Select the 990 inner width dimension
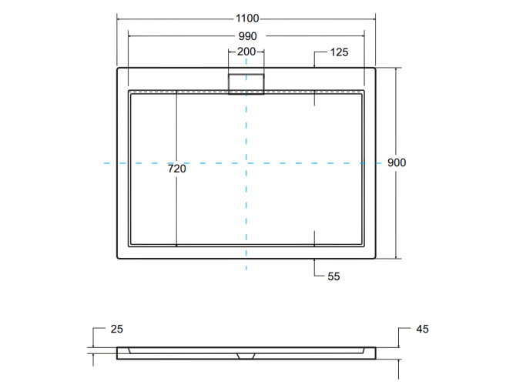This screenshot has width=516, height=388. [246, 36]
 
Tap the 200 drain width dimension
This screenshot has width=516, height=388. [246, 52]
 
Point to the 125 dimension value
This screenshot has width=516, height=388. [340, 52]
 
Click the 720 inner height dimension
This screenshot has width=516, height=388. [177, 169]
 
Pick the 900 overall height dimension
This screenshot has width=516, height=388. [397, 163]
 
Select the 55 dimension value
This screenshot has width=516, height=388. [333, 276]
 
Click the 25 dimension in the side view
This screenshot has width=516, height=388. [116, 329]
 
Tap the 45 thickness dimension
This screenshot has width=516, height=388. [421, 329]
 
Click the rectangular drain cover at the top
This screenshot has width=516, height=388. [246, 82]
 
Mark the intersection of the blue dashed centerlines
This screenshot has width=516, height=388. [246, 163]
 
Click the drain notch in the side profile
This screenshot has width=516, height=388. [246, 356]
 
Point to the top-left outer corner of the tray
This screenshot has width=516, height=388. [118, 69]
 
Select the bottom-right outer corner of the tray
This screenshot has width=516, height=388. [375, 259]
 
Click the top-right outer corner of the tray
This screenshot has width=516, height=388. [375, 69]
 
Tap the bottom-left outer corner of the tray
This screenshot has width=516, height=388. [118, 259]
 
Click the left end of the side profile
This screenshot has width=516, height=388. [118, 353]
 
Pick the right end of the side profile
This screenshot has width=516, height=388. [375, 353]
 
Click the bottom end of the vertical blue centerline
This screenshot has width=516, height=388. [246, 269]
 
